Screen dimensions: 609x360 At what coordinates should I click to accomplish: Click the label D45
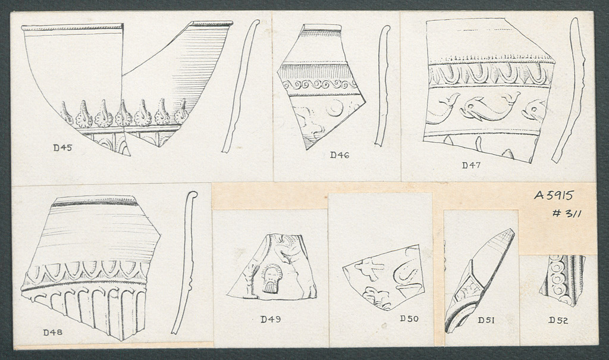pos(63,148)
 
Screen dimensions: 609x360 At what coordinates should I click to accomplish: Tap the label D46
pos(340,155)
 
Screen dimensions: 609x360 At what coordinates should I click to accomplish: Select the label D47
pos(471,165)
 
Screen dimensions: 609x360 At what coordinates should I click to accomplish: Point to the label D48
pos(52,333)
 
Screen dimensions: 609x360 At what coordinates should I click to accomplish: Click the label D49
pos(271,320)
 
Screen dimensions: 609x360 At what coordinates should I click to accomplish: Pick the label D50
pos(409,319)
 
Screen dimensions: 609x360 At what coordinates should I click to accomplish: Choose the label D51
pos(486,320)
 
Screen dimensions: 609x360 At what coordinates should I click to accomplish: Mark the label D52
pos(558,321)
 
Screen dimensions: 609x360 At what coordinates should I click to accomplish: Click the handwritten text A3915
pos(553,195)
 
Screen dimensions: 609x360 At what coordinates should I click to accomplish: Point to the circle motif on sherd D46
pos(335,107)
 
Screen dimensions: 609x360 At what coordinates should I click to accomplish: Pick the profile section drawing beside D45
pos(240,86)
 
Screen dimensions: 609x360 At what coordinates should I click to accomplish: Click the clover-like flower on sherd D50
pos(375,298)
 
